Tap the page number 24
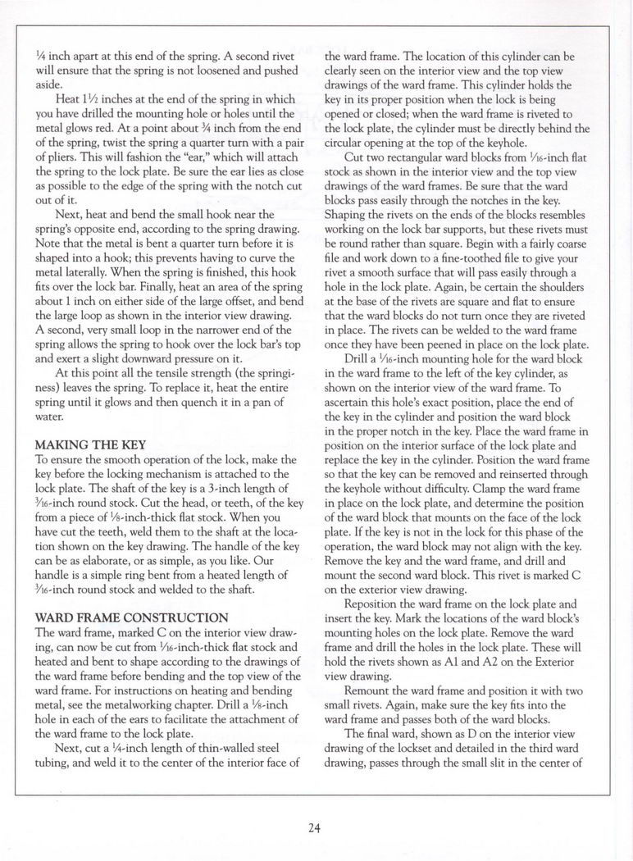(315, 827)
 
